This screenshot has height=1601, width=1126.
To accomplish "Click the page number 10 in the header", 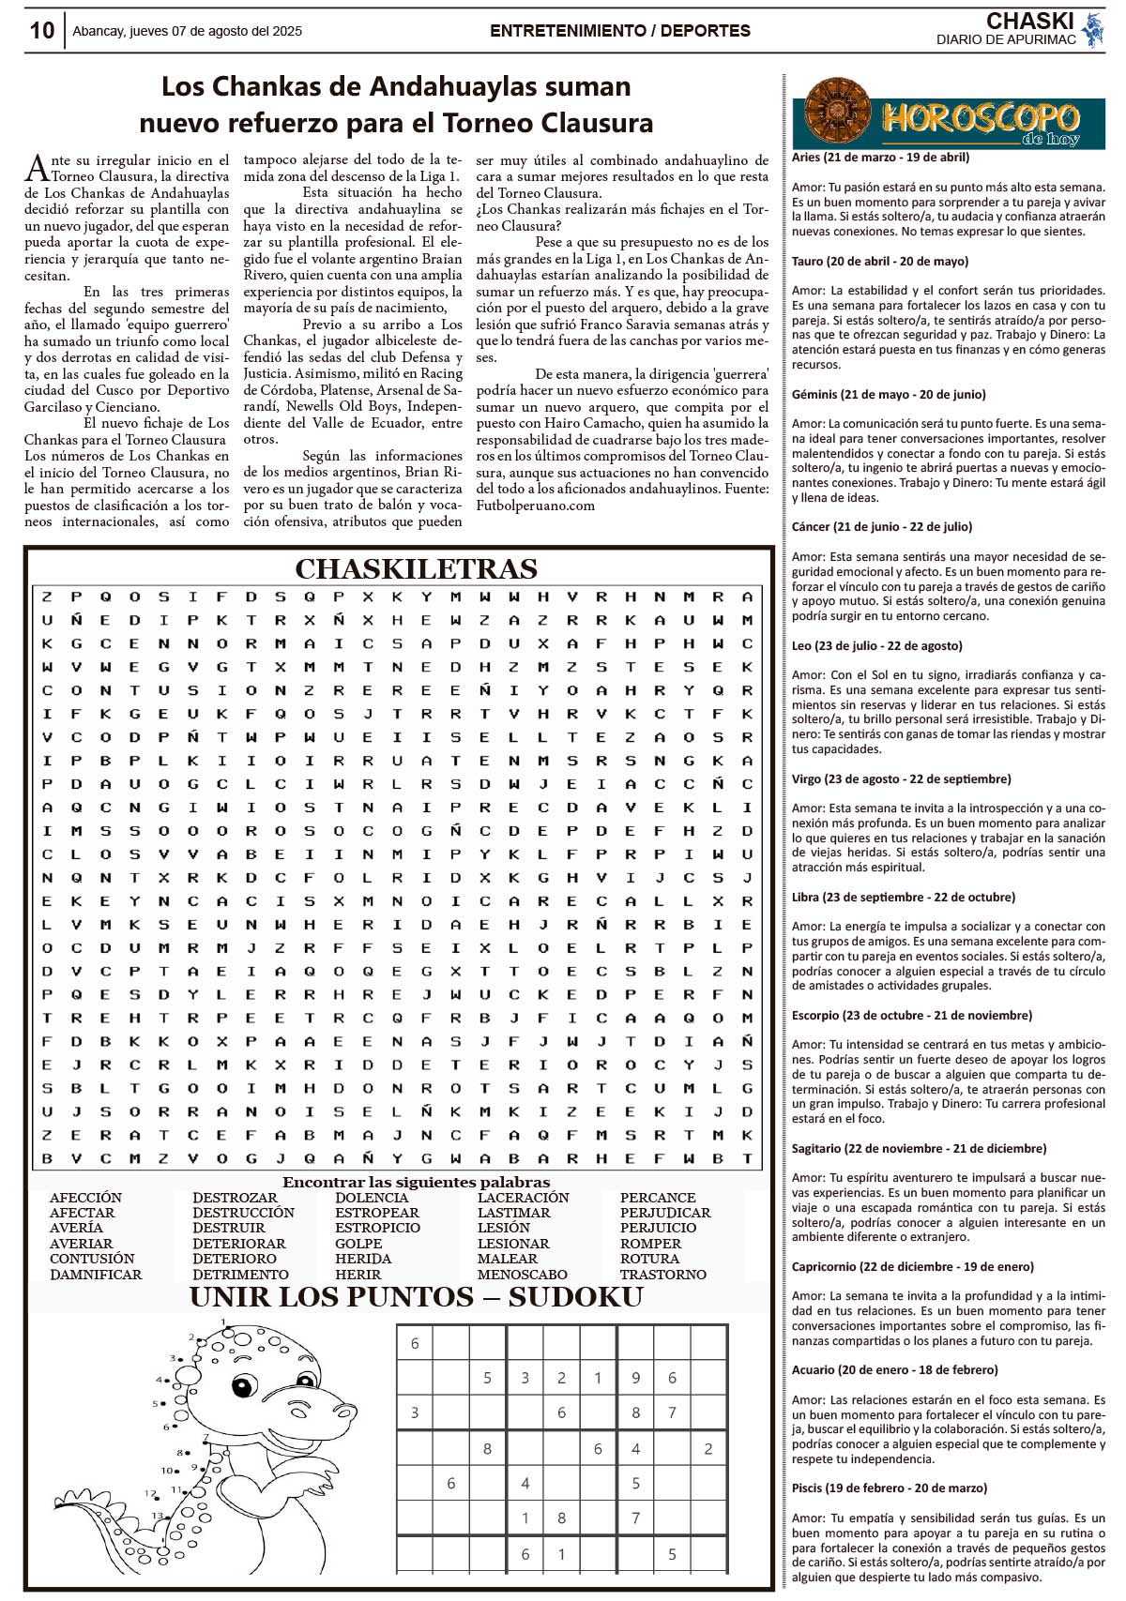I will click(x=42, y=30).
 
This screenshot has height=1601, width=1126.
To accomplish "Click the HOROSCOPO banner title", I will click(x=981, y=119).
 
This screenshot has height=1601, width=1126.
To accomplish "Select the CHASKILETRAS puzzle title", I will click(x=416, y=569).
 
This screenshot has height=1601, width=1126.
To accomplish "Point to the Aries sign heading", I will click(x=880, y=158).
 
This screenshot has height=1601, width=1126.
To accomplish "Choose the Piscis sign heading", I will click(x=889, y=1488).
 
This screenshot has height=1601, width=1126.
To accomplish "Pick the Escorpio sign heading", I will click(x=911, y=1015).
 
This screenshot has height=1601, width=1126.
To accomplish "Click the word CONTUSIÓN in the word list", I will click(x=92, y=1259).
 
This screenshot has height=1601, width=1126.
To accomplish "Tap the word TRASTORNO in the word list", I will click(x=662, y=1275).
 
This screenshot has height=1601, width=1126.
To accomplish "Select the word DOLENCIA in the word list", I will click(x=372, y=1198).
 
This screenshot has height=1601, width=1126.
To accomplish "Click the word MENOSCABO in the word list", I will click(x=522, y=1275).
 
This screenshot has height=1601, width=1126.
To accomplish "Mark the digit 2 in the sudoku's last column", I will click(x=708, y=1449).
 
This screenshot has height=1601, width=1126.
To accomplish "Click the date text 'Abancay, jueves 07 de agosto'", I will click(x=187, y=31).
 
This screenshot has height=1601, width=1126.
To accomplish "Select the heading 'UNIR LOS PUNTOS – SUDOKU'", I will click(x=416, y=1297).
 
